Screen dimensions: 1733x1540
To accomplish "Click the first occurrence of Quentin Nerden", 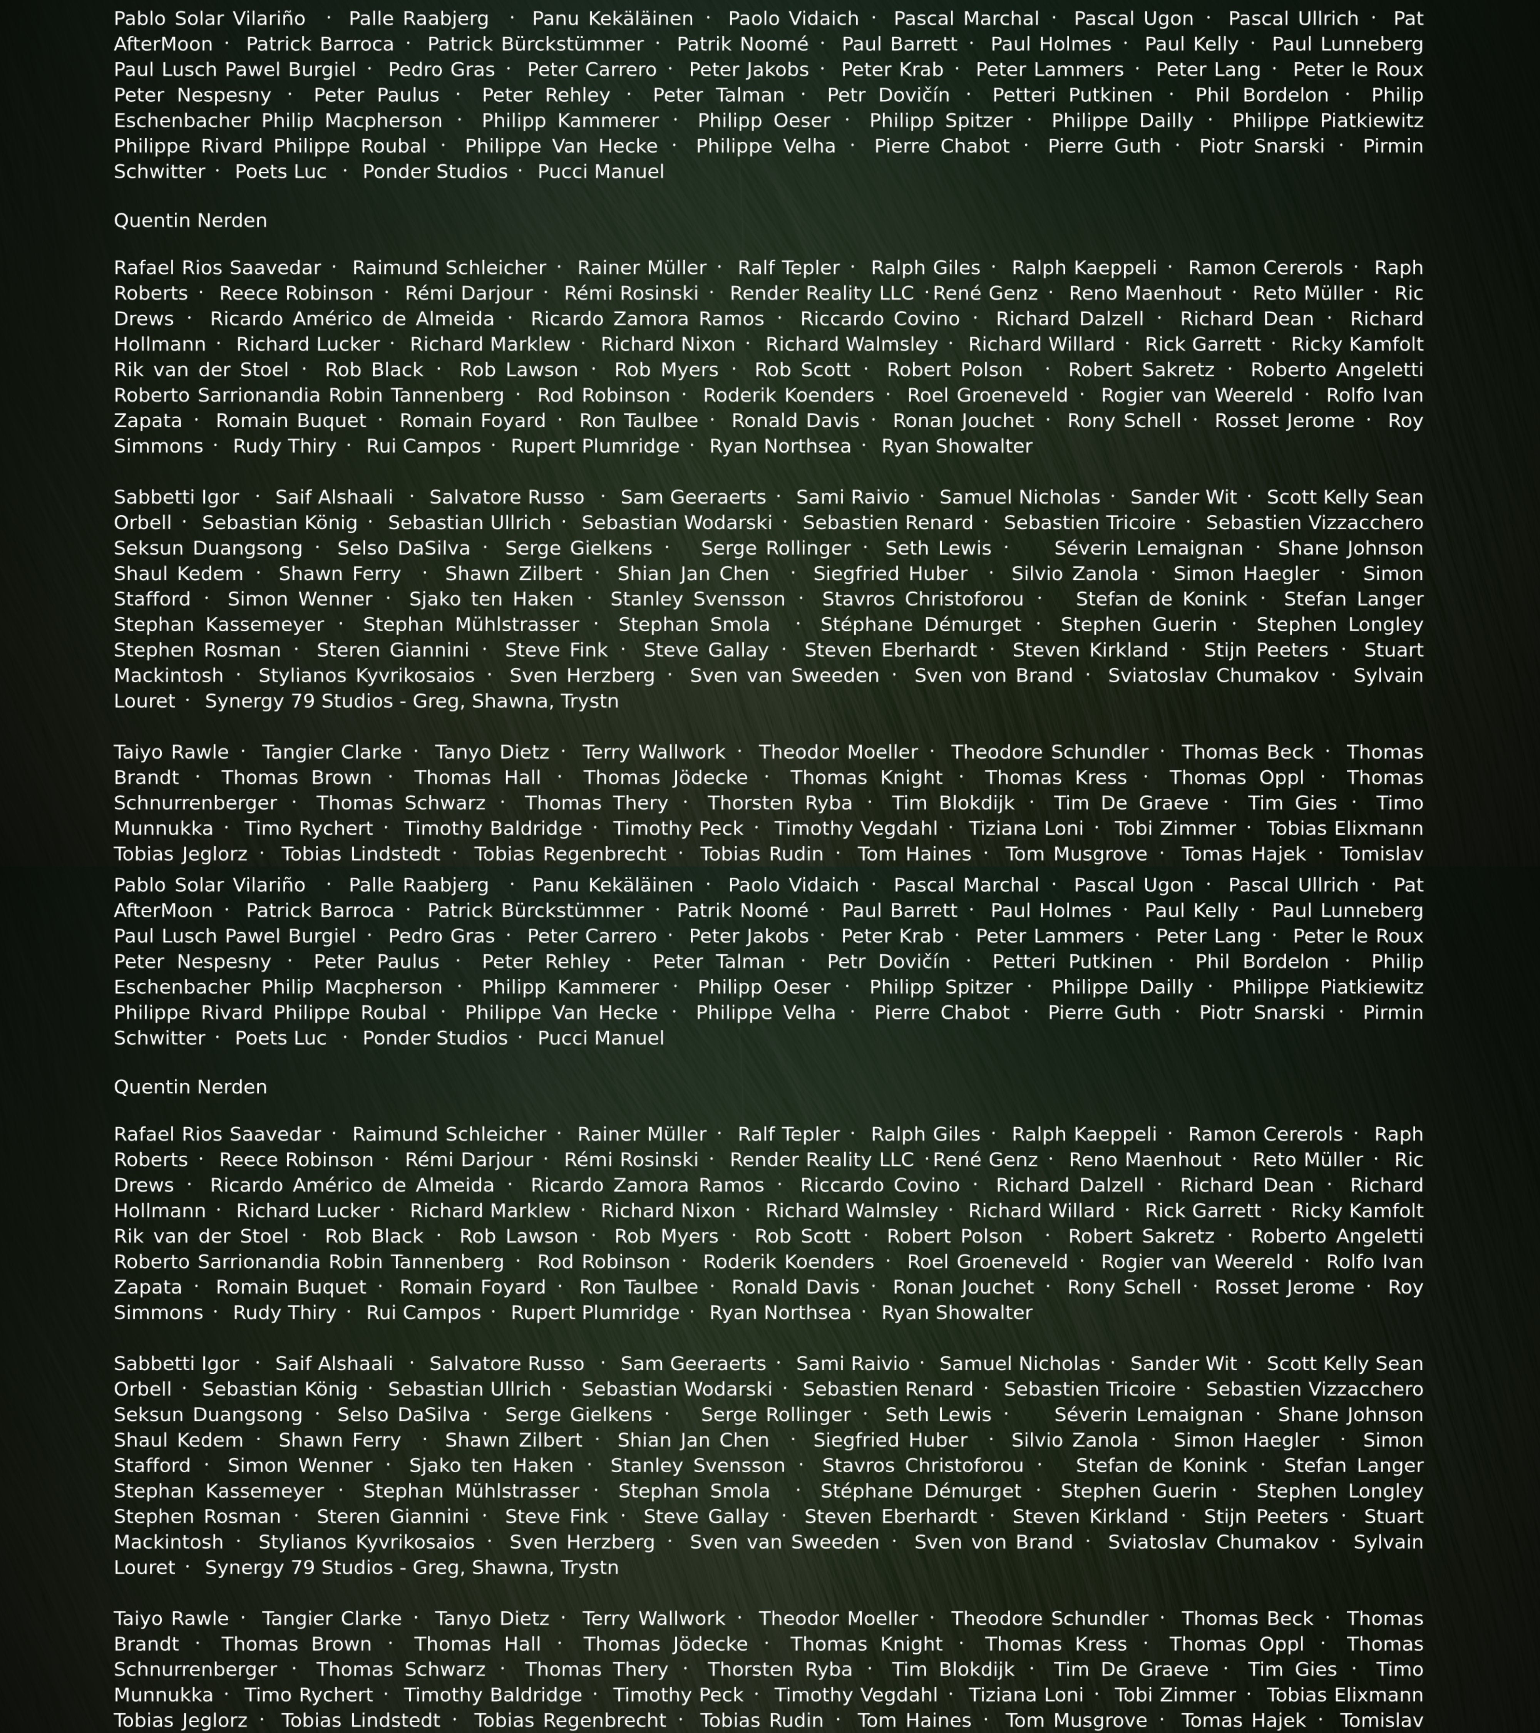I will tap(190, 220).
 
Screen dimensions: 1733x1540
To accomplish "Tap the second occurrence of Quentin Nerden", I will tap(190, 1087).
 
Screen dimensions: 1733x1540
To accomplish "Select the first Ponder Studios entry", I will tap(435, 172).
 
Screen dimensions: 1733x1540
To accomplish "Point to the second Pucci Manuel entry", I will tap(601, 1039).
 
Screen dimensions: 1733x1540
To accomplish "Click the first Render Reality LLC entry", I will tap(821, 293).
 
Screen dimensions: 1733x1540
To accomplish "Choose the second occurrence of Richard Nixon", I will tap(668, 1211).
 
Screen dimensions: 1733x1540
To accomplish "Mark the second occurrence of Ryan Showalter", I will tap(957, 1312).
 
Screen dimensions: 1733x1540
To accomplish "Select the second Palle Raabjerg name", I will tap(419, 885).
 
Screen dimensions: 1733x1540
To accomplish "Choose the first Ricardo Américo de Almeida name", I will tap(352, 319).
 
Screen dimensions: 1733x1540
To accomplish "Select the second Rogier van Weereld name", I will tap(1197, 1262).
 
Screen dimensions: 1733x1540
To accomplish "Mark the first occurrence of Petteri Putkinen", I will tap(1072, 95).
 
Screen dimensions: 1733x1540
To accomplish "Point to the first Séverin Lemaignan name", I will tap(1148, 548).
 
